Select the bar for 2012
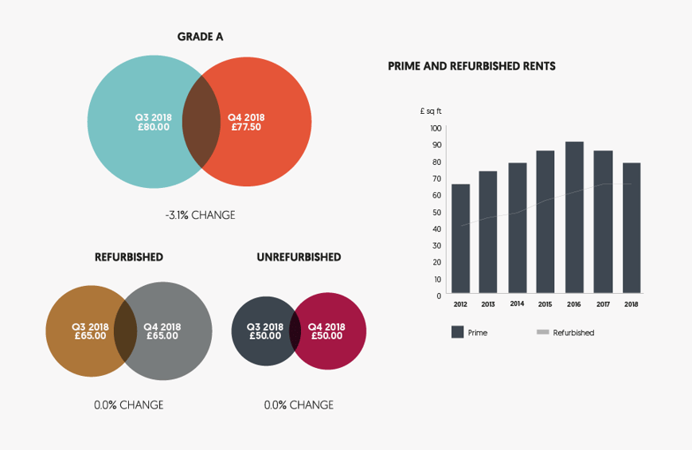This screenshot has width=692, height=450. coord(460,238)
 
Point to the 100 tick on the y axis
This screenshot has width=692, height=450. coord(436,128)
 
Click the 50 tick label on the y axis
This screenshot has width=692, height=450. coord(436,212)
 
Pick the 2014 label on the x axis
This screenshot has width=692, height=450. coord(517,304)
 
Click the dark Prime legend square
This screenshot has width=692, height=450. coord(457,332)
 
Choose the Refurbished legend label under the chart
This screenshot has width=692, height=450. coord(573,333)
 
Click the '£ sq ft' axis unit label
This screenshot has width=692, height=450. coord(430,111)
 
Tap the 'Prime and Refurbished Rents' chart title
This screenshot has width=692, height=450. coord(471,66)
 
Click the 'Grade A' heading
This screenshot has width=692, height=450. coord(200,37)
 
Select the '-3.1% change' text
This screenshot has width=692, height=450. coord(200,215)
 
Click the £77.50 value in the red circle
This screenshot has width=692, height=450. coord(246,127)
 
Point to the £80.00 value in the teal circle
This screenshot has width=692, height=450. coord(153,127)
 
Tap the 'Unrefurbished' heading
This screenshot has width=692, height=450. coord(299,257)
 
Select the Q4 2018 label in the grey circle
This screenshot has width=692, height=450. coord(162,327)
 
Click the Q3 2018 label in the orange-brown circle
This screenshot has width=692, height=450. coord(90,327)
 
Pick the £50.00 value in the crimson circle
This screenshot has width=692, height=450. coord(326,336)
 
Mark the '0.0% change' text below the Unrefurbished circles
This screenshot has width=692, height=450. coord(299,405)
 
